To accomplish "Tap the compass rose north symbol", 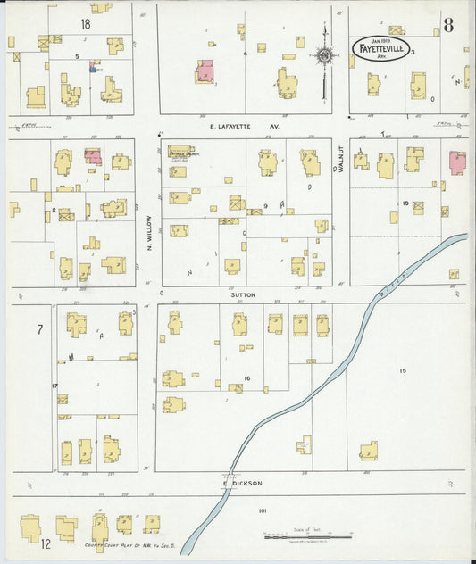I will point(324,58).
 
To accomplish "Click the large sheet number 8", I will point(447,25).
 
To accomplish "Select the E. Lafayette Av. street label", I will point(244,126).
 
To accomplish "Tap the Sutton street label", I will point(244,294).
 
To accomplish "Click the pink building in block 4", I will point(205,71).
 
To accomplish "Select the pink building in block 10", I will point(457,162).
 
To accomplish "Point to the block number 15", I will point(403,370).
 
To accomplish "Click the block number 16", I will point(246,378).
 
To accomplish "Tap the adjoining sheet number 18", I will point(86,23).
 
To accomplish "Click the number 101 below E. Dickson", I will point(262,510).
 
